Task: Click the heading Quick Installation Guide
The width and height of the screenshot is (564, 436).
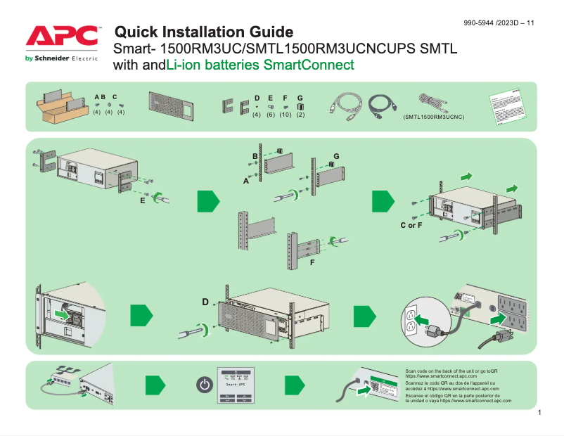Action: click(x=203, y=32)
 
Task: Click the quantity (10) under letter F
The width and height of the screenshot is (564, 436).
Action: click(x=285, y=115)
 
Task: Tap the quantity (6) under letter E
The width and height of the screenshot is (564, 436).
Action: click(x=270, y=115)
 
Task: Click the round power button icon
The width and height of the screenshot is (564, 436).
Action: click(x=203, y=385)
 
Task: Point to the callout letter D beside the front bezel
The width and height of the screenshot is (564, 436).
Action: click(x=205, y=302)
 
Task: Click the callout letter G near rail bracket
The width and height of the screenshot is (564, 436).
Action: click(x=336, y=155)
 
